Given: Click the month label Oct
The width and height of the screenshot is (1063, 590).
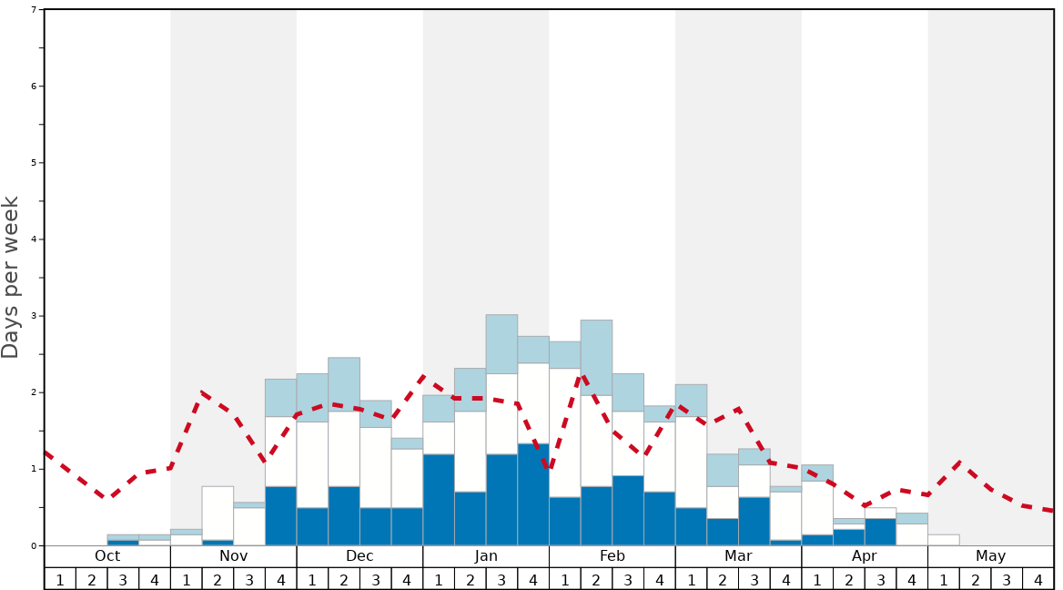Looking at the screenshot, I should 107,555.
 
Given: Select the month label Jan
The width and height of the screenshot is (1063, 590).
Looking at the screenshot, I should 486,555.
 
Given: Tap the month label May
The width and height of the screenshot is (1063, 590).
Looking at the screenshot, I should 990,555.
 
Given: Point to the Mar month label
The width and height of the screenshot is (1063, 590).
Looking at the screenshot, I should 738,555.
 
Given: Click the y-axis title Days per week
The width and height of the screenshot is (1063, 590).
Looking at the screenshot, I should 11,278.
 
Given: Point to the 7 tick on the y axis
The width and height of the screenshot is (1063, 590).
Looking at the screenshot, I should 34,10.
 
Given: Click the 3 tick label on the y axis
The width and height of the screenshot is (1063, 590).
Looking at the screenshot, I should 34,316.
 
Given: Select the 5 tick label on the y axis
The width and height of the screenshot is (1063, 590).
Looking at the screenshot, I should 34,163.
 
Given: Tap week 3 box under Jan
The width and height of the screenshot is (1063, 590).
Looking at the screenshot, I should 501,579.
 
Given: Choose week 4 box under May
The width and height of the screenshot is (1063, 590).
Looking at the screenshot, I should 1038,579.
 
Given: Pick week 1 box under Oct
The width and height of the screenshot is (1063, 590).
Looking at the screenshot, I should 60,579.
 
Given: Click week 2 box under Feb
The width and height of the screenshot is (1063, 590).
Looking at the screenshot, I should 596,579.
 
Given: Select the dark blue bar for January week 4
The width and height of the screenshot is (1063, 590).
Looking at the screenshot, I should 533,494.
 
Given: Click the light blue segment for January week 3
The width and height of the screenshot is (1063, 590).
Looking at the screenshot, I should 501,344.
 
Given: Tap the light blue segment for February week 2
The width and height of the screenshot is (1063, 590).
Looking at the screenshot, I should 596,357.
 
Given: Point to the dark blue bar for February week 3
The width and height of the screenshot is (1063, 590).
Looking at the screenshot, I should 628,510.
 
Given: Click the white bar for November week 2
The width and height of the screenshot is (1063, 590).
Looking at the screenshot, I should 218,513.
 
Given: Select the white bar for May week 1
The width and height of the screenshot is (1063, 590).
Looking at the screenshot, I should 943,540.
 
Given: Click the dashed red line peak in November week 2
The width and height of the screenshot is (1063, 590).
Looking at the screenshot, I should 202,392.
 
